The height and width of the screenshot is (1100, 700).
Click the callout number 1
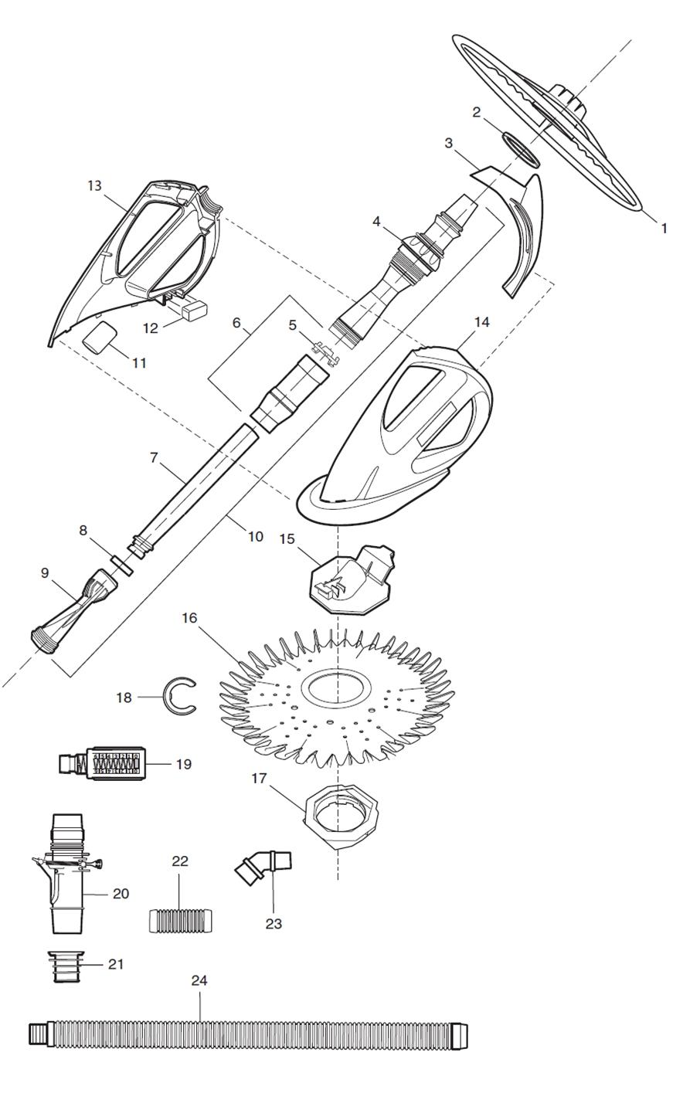(664, 229)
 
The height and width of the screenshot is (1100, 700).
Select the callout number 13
(94, 185)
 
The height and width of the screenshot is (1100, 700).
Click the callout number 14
(482, 323)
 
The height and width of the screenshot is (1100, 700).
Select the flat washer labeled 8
(122, 565)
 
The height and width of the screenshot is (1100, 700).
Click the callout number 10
(256, 537)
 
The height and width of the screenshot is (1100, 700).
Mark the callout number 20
(121, 894)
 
